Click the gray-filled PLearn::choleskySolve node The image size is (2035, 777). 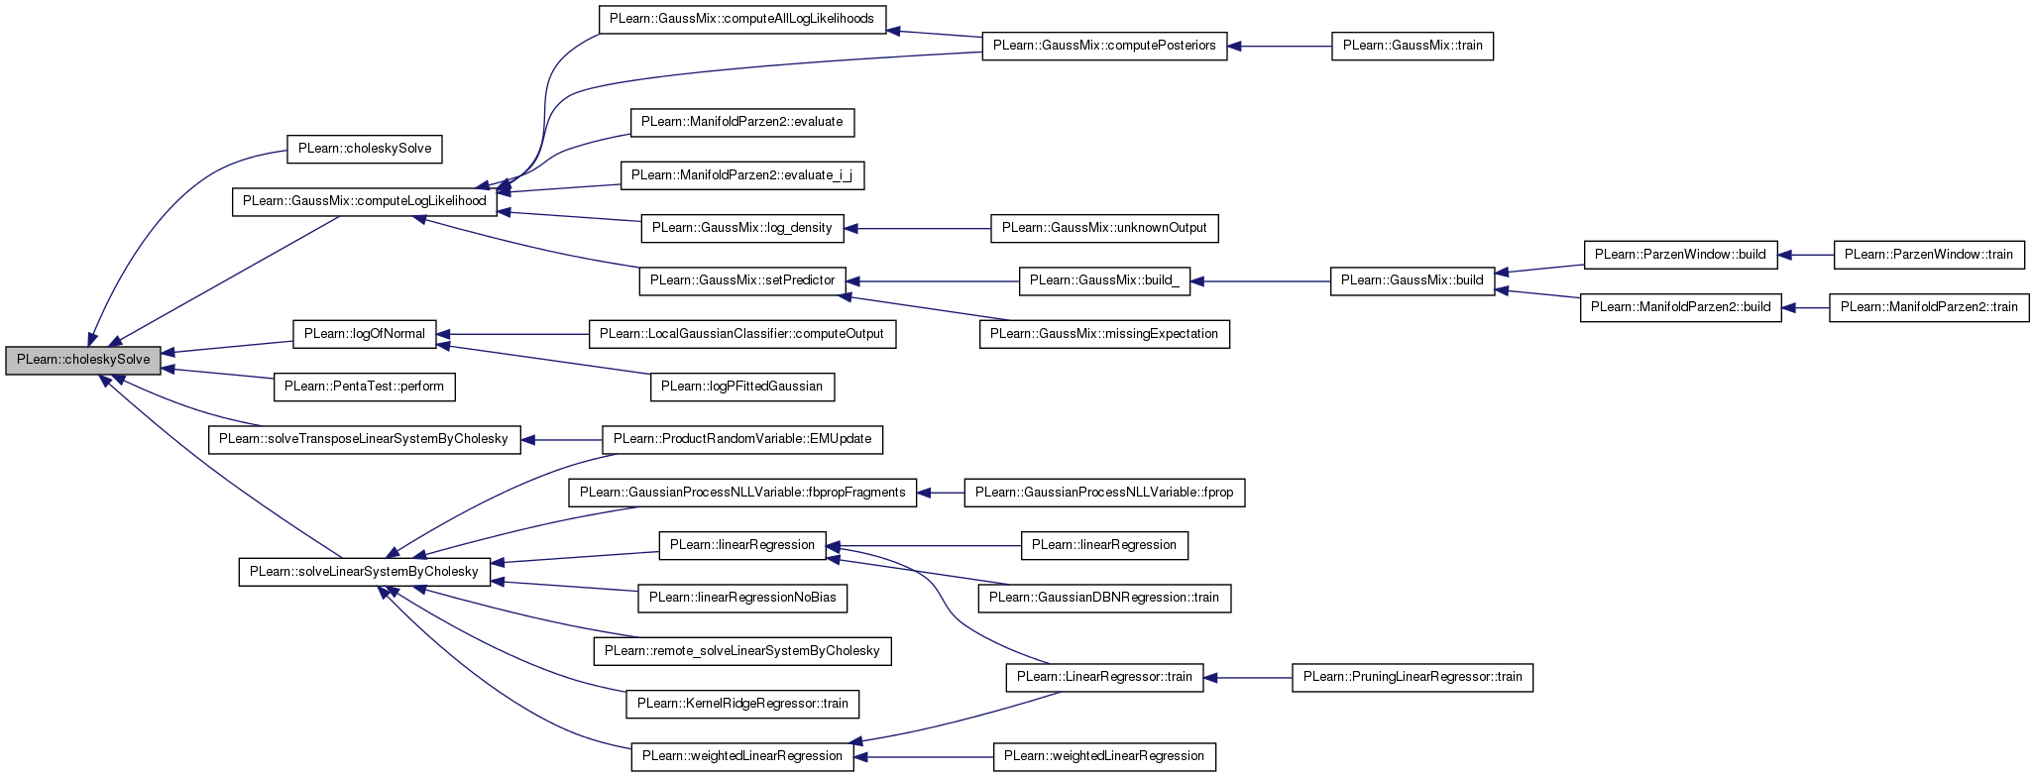pyautogui.click(x=83, y=360)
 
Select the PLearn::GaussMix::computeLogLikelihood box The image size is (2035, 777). pyautogui.click(x=365, y=201)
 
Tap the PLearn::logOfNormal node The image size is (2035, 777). pyautogui.click(x=365, y=334)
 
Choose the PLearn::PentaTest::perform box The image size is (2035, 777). pyautogui.click(x=365, y=387)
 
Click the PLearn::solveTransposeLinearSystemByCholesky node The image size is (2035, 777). pyautogui.click(x=364, y=439)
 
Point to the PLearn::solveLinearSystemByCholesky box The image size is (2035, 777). pyautogui.click(x=364, y=572)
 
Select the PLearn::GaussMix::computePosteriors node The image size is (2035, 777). pyautogui.click(x=1104, y=46)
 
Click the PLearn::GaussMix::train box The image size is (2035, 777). pyautogui.click(x=1413, y=46)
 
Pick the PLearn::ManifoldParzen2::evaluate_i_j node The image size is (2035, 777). pyautogui.click(x=741, y=175)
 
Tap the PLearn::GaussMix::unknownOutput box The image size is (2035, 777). pyautogui.click(x=1104, y=228)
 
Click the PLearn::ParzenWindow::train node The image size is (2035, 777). pyautogui.click(x=1929, y=255)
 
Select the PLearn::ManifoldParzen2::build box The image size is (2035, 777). pyautogui.click(x=1680, y=307)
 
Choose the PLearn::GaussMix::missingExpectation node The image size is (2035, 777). pyautogui.click(x=1104, y=334)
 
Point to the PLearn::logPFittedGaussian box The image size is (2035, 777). pyautogui.click(x=741, y=387)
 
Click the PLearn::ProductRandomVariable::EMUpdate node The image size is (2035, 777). pyautogui.click(x=741, y=439)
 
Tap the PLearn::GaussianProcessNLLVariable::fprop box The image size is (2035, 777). pyautogui.click(x=1104, y=493)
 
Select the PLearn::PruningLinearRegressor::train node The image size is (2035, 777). pyautogui.click(x=1413, y=678)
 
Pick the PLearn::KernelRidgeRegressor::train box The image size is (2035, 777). pyautogui.click(x=741, y=704)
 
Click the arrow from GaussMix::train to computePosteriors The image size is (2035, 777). pyautogui.click(x=1280, y=46)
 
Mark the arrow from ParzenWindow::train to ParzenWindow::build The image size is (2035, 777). pyautogui.click(x=1806, y=255)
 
